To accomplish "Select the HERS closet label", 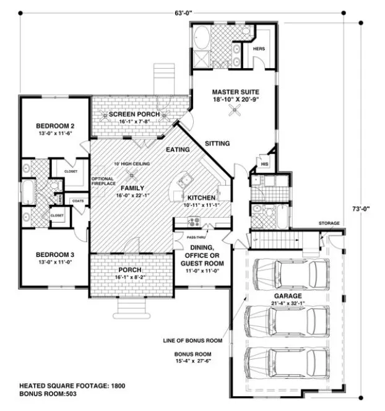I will pos(259,48).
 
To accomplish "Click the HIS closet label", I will pos(264,163).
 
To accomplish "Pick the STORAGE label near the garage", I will pos(329,223).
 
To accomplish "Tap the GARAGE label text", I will pos(288,296).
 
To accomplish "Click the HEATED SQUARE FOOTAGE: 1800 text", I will pos(72,386).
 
